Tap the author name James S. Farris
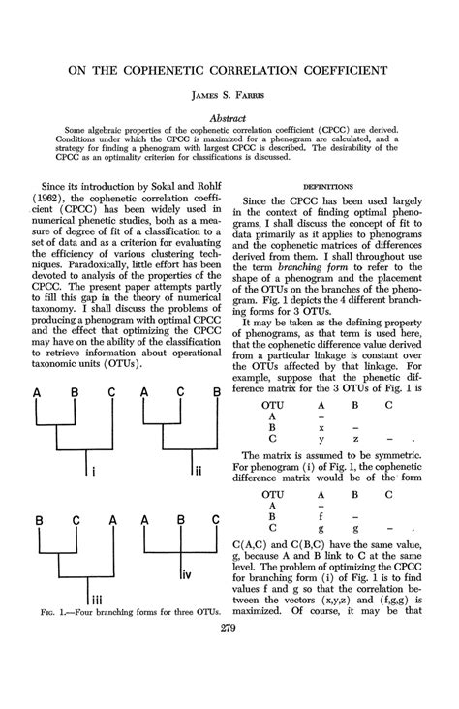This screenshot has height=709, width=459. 229,97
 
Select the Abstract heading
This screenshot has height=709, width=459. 229,116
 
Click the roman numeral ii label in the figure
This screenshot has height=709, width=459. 197,472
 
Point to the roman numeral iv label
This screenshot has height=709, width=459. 190,575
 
